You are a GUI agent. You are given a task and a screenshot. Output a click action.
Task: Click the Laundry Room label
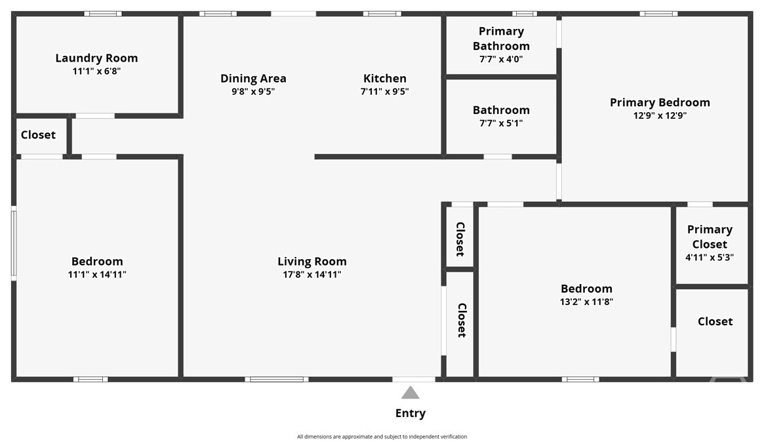pos(96,58)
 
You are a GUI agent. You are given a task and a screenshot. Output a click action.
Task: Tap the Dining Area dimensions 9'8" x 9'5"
pos(253,91)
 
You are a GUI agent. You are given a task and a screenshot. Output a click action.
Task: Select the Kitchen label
pos(385,79)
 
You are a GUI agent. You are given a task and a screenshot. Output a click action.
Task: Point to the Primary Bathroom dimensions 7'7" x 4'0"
pos(501,59)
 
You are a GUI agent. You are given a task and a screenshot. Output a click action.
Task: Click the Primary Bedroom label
pos(660,102)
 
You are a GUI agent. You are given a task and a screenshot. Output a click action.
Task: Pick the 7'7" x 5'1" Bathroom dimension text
pos(501,123)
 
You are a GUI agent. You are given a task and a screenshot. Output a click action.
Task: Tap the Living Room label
pos(312,262)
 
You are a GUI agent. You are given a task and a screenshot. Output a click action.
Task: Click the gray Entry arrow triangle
pos(411,393)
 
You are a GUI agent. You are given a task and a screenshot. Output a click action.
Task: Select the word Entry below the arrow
pos(411,413)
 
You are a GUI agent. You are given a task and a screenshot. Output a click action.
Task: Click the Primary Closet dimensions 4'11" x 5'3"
pos(710,257)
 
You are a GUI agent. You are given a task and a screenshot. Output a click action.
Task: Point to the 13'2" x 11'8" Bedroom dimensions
pos(586,302)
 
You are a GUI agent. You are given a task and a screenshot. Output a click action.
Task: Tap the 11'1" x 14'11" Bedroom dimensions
pos(97,274)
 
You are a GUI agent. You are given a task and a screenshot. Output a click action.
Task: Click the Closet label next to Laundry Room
pos(38,135)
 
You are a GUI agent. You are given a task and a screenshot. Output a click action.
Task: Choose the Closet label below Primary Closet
pos(715,321)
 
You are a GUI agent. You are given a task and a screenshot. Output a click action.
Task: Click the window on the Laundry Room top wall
pos(103,14)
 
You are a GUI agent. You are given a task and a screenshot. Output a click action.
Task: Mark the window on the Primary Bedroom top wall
pos(658,14)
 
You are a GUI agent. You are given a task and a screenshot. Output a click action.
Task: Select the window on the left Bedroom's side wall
pos(14,243)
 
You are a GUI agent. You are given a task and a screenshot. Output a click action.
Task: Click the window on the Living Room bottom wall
pos(277,379)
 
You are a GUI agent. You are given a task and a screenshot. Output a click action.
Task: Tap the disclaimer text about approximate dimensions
pos(382,437)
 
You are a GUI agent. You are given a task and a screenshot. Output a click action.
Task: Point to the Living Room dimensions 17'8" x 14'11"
pos(312,274)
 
